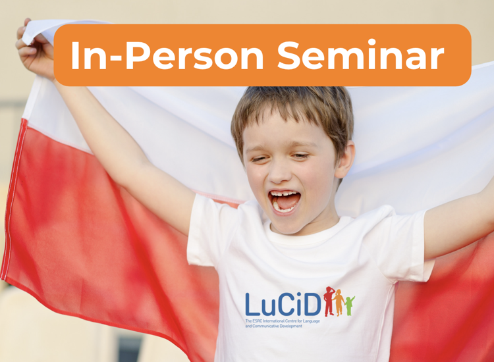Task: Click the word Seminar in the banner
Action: pyautogui.click(x=360, y=55)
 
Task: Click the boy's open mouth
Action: pyautogui.click(x=285, y=201)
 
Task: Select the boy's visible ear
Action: pyautogui.click(x=346, y=159)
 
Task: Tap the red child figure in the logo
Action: pyautogui.click(x=329, y=301)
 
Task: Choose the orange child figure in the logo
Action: pyautogui.click(x=339, y=303)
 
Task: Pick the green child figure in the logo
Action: pyautogui.click(x=349, y=305)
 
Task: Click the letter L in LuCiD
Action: pyautogui.click(x=252, y=304)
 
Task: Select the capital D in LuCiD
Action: pyautogui.click(x=313, y=304)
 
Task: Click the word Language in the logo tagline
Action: pyautogui.click(x=312, y=321)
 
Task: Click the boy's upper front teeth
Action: pyautogui.click(x=283, y=194)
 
